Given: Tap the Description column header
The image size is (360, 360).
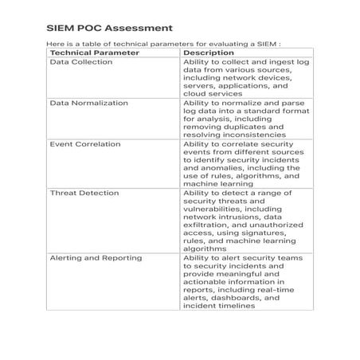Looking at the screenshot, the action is [x=209, y=53].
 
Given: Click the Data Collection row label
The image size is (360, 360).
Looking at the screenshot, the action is [x=80, y=61].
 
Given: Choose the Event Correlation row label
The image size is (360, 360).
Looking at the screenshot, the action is [x=85, y=144].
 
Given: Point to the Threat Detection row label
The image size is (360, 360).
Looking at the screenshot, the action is [x=84, y=193].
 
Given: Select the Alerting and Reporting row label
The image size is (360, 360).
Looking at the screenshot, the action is [x=96, y=258].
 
